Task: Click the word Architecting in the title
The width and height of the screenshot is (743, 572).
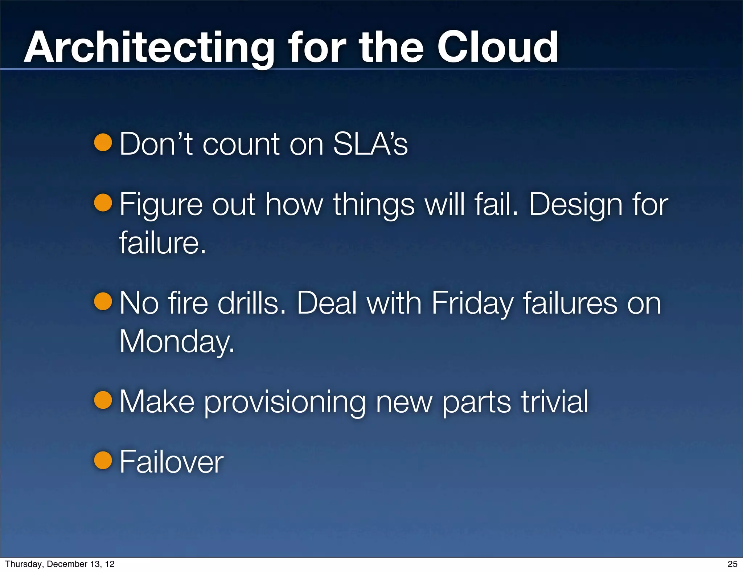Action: (149, 48)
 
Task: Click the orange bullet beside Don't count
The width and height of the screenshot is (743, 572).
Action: (103, 142)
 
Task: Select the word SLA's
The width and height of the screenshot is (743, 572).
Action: (370, 144)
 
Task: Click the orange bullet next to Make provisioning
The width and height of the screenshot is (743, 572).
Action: (103, 400)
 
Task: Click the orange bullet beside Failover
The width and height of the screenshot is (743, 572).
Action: (103, 460)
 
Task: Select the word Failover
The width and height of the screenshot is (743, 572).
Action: (171, 462)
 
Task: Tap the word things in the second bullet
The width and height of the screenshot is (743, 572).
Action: (373, 205)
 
